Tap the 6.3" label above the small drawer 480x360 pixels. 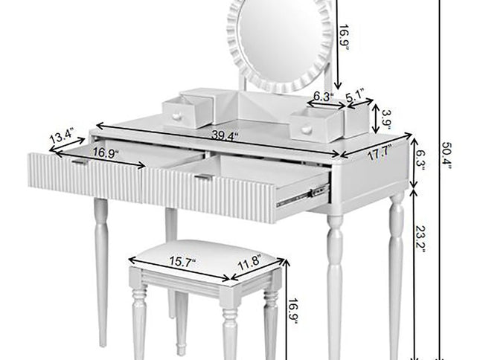[x=322, y=96]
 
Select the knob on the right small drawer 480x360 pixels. [x=306, y=130]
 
